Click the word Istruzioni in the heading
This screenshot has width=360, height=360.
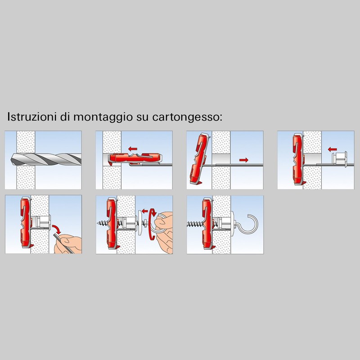pos(31,117)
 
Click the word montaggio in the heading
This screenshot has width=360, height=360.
pos(103,117)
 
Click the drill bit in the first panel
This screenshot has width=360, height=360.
pos(46,159)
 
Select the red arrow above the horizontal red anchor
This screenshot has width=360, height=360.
pos(133,149)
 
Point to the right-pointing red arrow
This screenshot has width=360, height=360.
pos(243,160)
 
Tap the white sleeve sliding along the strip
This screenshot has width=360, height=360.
pos(340,158)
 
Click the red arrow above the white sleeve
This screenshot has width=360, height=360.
pos(332,149)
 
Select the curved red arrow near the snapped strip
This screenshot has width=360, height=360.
pos(57,229)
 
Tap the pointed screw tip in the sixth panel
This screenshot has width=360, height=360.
pos(98,222)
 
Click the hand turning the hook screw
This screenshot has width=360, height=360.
pos(164,232)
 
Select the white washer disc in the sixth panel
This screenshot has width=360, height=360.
pos(140,222)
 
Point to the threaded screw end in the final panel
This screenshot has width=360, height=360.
pos(195,223)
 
